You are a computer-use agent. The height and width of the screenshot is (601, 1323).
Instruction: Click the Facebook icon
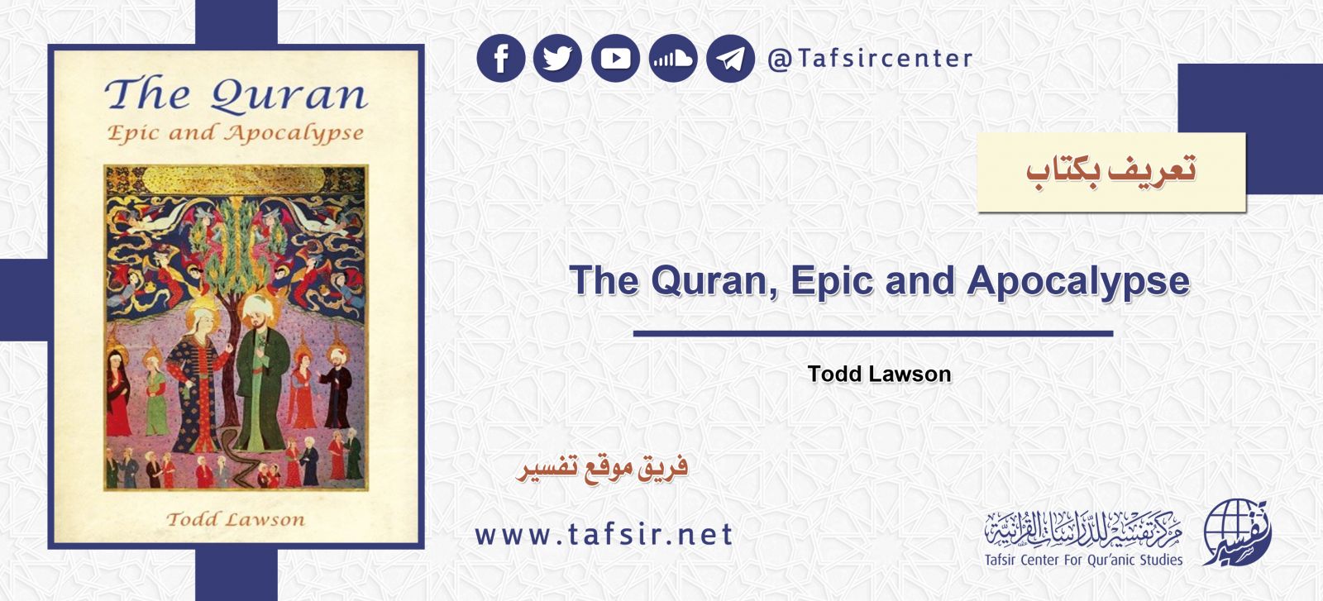point(501,59)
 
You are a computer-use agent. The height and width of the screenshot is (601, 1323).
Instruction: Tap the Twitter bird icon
point(558,59)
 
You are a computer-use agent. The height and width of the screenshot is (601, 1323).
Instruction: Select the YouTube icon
point(615,59)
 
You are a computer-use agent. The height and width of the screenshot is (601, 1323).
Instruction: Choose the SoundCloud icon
point(673,59)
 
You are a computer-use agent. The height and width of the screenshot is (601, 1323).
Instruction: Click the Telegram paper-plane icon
point(730,59)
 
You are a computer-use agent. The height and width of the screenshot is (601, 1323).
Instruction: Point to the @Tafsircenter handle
point(870,59)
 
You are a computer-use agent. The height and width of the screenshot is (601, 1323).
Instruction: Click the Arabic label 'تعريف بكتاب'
point(1110,171)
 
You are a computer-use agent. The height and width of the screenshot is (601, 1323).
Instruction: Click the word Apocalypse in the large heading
point(1078,281)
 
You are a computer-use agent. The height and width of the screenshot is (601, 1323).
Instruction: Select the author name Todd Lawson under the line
point(879,374)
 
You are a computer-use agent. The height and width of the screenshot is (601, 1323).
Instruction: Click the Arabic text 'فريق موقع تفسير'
point(603,468)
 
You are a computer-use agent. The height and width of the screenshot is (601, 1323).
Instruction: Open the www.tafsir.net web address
point(604,535)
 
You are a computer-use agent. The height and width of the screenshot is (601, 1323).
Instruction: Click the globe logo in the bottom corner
point(1236,534)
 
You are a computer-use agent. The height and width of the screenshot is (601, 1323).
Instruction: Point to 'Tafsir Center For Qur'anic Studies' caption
point(1083,560)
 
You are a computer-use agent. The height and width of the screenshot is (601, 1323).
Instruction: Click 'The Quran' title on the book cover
point(236,94)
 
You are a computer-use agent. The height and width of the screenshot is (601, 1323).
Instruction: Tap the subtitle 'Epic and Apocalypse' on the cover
point(236,133)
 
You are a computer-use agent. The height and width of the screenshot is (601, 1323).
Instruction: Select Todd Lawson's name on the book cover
point(236,519)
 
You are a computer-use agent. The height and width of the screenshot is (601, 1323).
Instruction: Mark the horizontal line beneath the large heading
point(873,334)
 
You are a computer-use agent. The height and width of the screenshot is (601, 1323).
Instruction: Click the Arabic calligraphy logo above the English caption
point(1083,527)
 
